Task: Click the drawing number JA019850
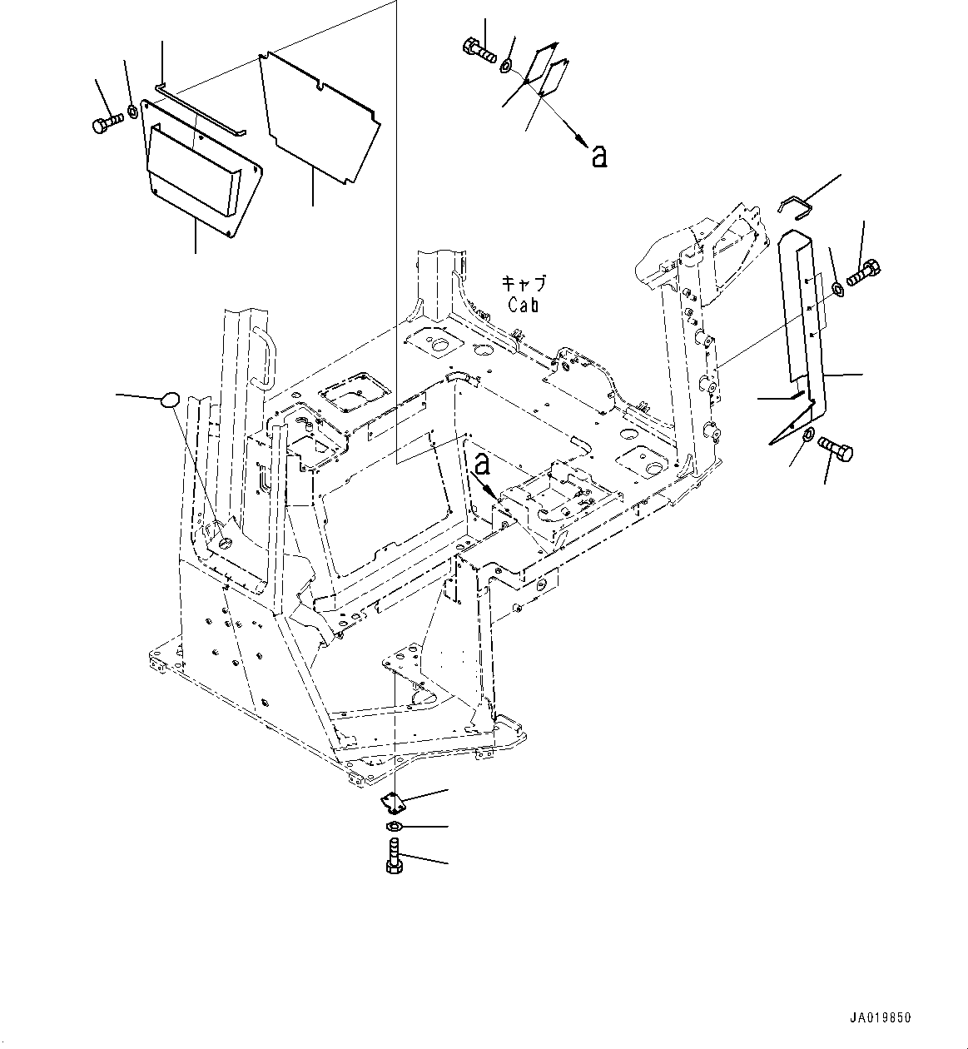pos(881,1017)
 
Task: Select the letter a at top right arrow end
pos(598,156)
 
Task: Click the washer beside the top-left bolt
pos(134,112)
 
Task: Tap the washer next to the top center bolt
pos(506,63)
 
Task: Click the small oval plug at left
pos(169,400)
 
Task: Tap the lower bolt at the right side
pos(836,449)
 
